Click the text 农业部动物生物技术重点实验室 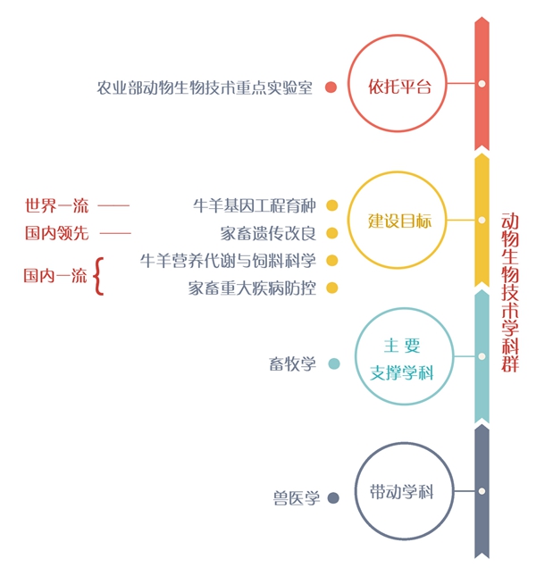pos(205,88)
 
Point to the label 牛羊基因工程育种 pos(255,206)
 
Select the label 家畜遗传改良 pos(268,234)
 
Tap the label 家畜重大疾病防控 pos(253,288)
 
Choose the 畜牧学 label pos(292,364)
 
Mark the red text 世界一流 pos(56,206)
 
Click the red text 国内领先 pos(56,234)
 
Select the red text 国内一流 pos(54,276)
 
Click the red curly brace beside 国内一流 pos(98,275)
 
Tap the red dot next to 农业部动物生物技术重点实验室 pos(331,88)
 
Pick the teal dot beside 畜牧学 pos(334,363)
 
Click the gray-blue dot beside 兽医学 pos(333,498)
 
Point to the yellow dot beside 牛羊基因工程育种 pos(332,206)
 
